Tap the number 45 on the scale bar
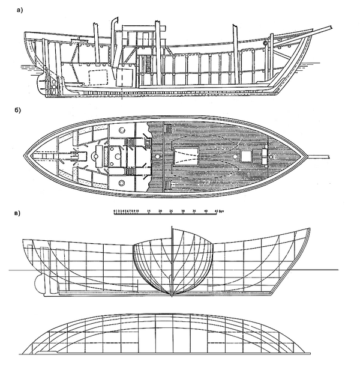217,211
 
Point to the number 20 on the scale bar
160,211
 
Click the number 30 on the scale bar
183,211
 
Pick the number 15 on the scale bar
149,211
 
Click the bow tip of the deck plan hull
307,157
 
